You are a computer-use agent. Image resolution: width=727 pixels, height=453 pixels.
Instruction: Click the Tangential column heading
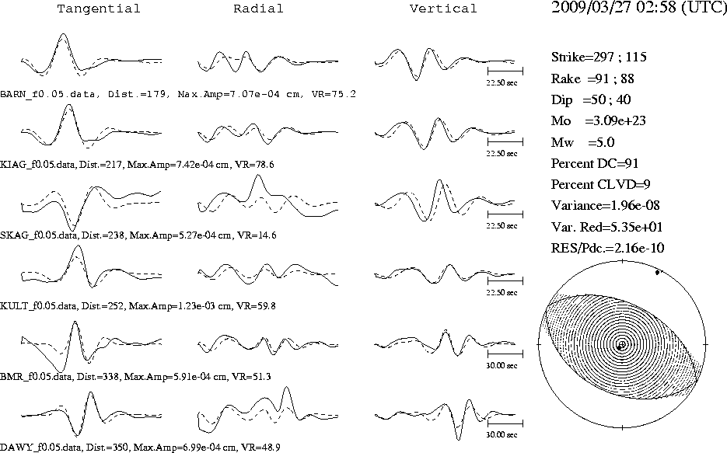(x=98, y=9)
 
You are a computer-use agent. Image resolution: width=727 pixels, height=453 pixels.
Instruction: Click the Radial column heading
(x=258, y=9)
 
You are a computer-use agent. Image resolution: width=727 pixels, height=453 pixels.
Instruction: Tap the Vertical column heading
(x=442, y=9)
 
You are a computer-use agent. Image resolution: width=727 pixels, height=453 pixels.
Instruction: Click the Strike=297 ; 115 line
(x=599, y=57)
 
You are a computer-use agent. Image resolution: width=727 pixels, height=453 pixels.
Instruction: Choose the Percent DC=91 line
(x=595, y=163)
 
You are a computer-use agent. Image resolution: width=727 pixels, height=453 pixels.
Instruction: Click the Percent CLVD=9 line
(x=600, y=184)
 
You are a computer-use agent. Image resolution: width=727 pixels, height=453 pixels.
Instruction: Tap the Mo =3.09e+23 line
(x=598, y=121)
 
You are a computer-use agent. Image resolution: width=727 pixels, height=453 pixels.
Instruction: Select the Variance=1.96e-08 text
(x=605, y=206)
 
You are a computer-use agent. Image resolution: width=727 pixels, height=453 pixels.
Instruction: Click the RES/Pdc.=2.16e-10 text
(x=607, y=249)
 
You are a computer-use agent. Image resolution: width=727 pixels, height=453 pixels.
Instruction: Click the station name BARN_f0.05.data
(x=48, y=95)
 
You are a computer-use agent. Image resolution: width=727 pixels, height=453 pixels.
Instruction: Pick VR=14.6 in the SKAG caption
(x=257, y=235)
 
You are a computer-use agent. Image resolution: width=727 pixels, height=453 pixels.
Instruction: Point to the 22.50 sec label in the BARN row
(x=502, y=83)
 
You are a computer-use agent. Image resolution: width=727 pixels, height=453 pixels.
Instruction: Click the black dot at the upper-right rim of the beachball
(x=658, y=273)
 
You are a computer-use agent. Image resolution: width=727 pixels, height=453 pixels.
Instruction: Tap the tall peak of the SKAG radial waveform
(x=259, y=176)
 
